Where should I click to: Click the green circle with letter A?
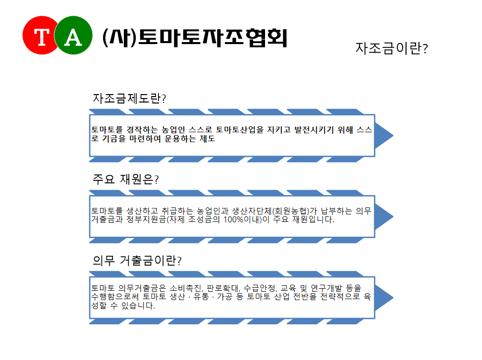pyautogui.click(x=73, y=35)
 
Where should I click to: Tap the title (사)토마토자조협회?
pyautogui.click(x=195, y=38)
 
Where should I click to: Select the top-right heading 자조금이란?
pyautogui.click(x=392, y=48)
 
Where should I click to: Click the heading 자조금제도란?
pyautogui.click(x=129, y=98)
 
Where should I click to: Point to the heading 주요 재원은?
pyautogui.click(x=126, y=179)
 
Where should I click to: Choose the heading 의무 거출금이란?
pyautogui.click(x=137, y=260)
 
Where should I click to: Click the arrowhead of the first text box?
pyautogui.click(x=384, y=136)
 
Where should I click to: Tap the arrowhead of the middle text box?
pyautogui.click(x=384, y=216)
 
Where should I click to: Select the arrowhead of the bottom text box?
pyautogui.click(x=384, y=298)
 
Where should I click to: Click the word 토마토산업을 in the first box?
pyautogui.click(x=240, y=130)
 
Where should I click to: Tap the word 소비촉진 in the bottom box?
pyautogui.click(x=186, y=288)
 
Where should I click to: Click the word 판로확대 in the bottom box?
pyautogui.click(x=222, y=288)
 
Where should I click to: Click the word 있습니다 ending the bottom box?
pyautogui.click(x=138, y=306)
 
